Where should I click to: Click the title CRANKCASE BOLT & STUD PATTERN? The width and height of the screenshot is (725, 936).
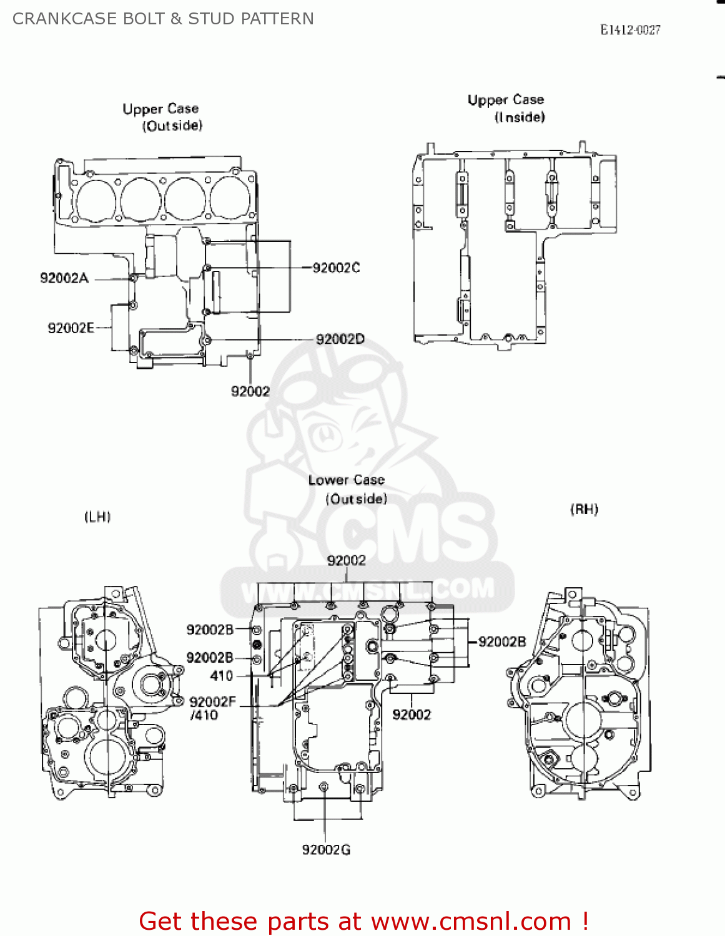(163, 19)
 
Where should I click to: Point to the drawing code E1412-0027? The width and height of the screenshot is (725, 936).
(630, 30)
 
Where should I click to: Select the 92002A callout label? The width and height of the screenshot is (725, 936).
(64, 278)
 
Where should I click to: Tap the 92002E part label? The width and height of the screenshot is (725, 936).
(71, 328)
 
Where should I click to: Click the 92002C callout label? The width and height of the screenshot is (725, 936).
(336, 268)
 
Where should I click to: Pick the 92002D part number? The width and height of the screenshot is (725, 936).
(340, 339)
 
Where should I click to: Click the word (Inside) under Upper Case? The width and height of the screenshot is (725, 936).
(520, 117)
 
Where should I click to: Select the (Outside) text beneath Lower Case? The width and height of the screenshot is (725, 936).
(356, 499)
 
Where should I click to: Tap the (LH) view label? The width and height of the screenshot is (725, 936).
(97, 517)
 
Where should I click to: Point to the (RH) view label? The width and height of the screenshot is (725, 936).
(584, 510)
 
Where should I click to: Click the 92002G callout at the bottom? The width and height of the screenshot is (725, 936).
(326, 850)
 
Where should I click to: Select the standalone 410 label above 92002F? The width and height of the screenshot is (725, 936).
(222, 676)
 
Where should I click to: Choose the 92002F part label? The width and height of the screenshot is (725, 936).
(212, 702)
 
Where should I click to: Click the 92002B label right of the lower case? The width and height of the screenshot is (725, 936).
(502, 641)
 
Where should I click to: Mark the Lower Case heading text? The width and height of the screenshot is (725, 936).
(346, 480)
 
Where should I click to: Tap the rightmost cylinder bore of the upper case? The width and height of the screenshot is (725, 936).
(230, 198)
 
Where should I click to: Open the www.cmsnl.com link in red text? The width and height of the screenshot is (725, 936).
(471, 922)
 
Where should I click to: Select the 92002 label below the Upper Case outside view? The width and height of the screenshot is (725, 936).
(250, 391)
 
